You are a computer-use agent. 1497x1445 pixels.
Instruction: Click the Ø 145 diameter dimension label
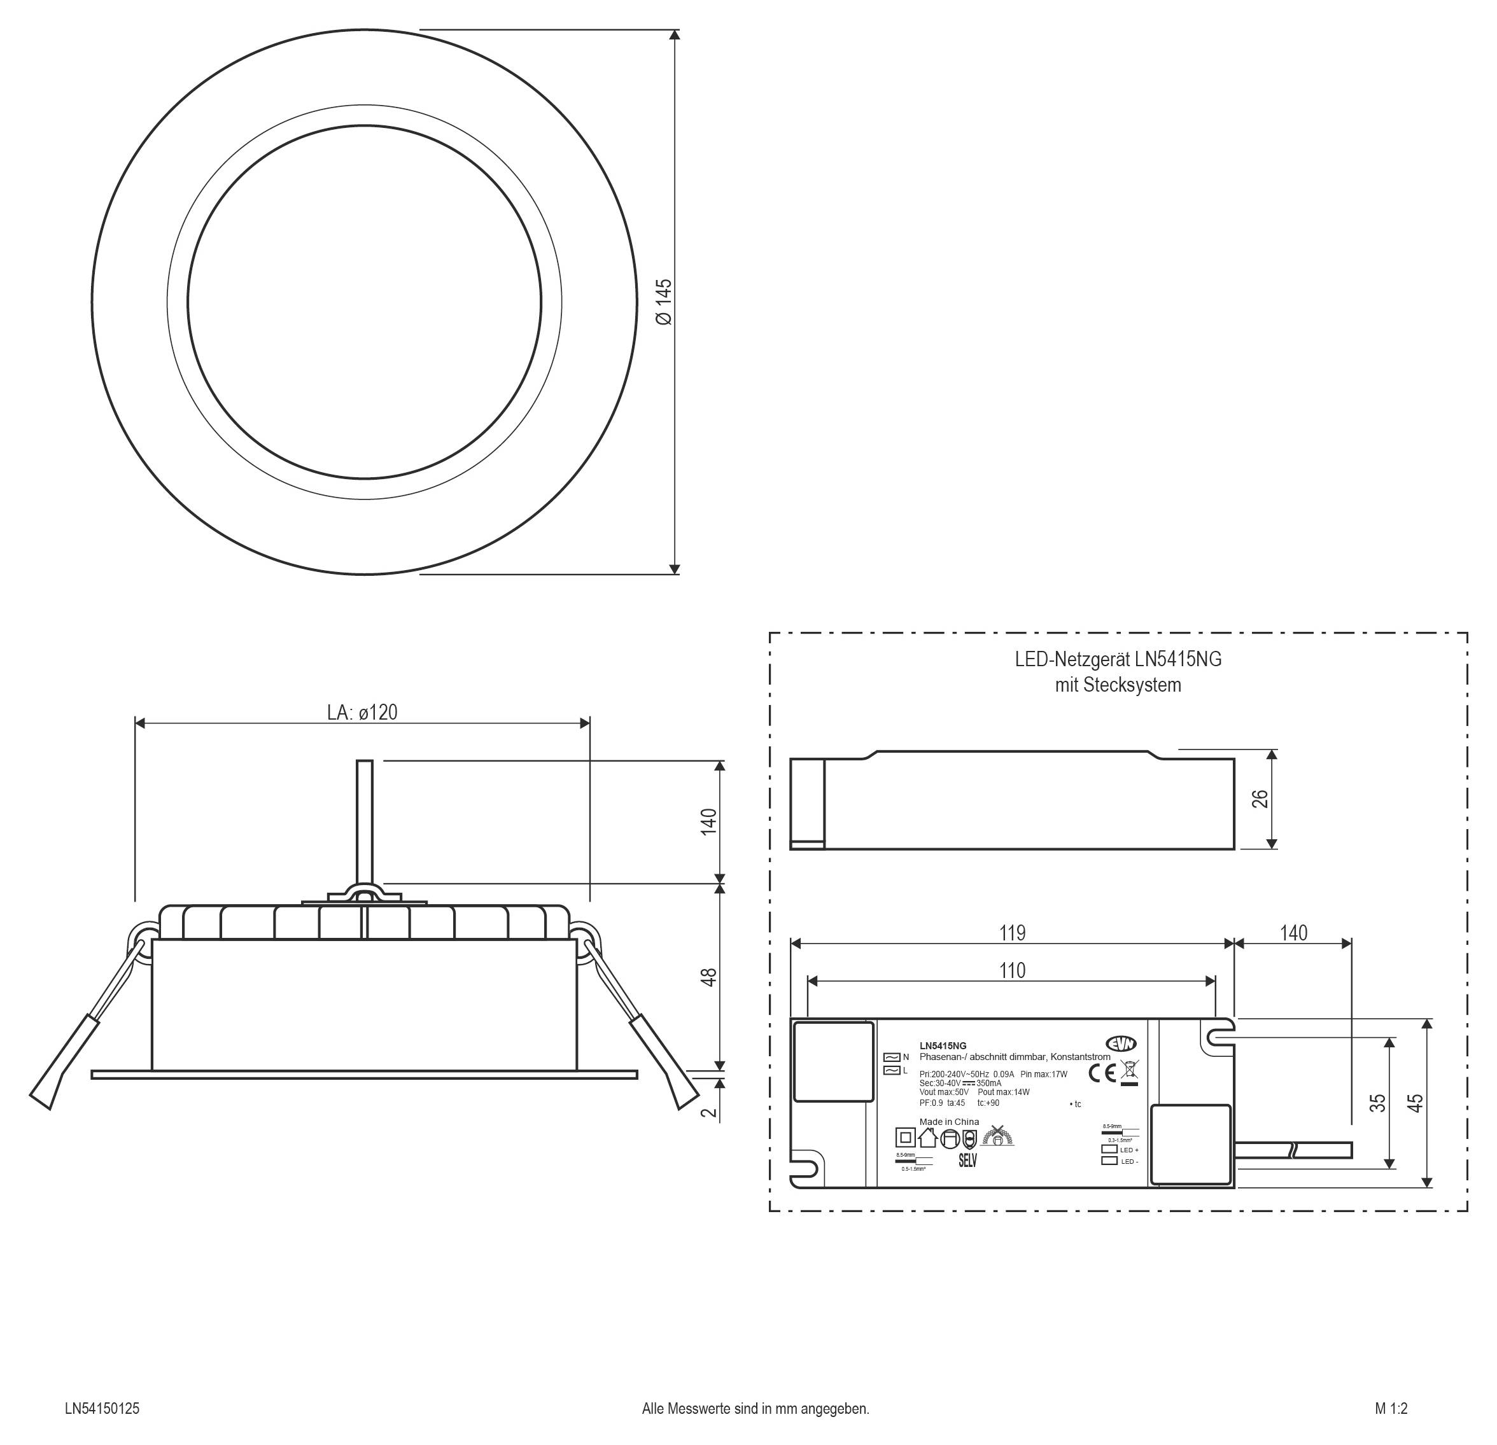tap(664, 302)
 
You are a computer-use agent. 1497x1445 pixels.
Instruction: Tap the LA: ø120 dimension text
tap(362, 713)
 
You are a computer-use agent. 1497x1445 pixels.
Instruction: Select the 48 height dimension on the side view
tap(709, 977)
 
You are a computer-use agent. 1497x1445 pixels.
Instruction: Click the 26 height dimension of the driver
tap(1260, 799)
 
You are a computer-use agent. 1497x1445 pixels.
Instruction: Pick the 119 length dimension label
tap(1012, 933)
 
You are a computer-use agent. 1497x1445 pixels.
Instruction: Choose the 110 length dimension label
tap(1012, 971)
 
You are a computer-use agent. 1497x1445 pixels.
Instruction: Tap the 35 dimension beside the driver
tap(1377, 1103)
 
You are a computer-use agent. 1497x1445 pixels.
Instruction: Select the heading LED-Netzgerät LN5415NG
tap(1118, 659)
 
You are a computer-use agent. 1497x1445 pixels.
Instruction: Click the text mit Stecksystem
tap(1118, 685)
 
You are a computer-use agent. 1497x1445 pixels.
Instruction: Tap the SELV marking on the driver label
tap(967, 1161)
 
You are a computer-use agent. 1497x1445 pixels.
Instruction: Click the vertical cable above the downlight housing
tap(365, 821)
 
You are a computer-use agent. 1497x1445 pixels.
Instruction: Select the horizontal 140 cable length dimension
tap(1293, 933)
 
